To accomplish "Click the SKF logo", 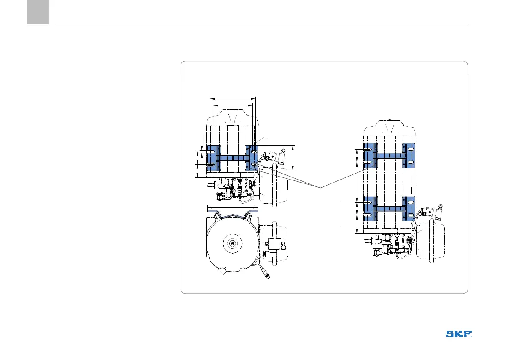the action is tap(459, 334).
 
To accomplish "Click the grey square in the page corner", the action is tap(38, 12).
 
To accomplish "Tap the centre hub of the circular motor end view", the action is tap(233, 243).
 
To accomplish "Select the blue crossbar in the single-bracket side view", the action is tap(233, 158).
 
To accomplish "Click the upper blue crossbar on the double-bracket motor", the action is tap(390, 156).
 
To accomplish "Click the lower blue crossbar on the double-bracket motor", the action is tap(390, 209).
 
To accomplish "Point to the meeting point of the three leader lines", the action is tap(320, 188).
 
